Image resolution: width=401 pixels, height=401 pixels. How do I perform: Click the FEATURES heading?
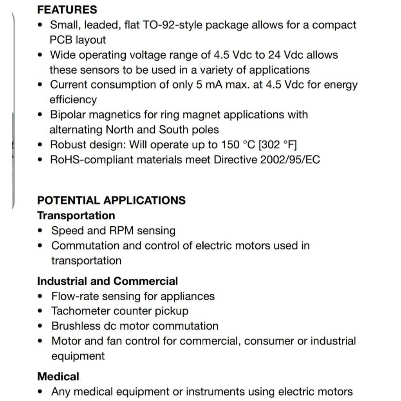point(67,9)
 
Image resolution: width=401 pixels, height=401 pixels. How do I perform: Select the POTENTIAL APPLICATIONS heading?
point(111,200)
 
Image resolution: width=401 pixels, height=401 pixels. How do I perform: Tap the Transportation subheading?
point(76,216)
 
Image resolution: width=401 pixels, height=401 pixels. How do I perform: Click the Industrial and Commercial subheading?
point(107,281)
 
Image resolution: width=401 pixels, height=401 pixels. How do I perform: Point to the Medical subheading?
point(58,376)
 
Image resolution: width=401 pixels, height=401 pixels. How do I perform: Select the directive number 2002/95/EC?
point(290,160)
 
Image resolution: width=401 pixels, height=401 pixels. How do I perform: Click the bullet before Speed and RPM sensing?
point(41,231)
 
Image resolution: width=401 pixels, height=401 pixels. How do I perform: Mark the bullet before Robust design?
point(41,145)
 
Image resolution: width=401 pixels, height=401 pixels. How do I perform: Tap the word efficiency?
point(73,99)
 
